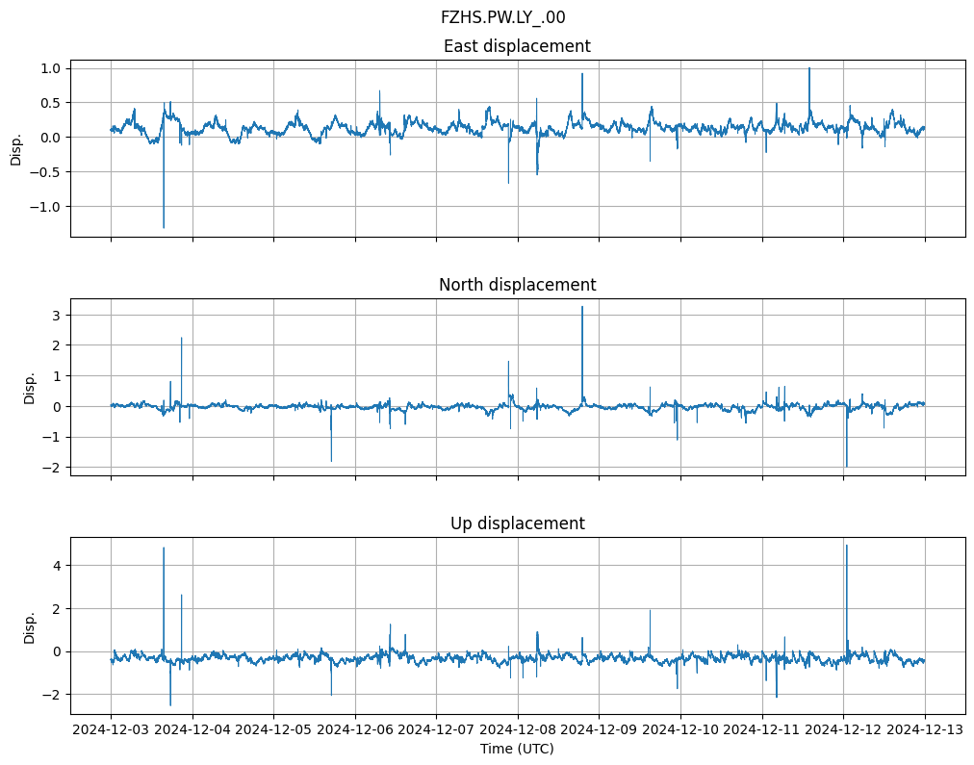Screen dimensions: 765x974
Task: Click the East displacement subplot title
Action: point(517,46)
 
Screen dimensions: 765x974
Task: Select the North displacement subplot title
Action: point(517,285)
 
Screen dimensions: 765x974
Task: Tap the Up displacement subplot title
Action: point(517,523)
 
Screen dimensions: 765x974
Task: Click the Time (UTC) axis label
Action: point(517,749)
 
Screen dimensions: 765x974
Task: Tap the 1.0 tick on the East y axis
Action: point(51,68)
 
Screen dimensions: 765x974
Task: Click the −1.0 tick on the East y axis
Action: point(47,207)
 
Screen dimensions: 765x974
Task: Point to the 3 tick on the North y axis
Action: point(57,315)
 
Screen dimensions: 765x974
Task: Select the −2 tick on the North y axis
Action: point(53,468)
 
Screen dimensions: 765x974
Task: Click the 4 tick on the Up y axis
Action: point(57,566)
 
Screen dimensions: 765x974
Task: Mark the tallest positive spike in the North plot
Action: point(582,307)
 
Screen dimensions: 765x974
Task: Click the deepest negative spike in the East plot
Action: point(164,227)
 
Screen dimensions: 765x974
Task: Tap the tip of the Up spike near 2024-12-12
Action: point(846,546)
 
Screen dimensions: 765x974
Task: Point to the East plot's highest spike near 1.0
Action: point(809,68)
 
